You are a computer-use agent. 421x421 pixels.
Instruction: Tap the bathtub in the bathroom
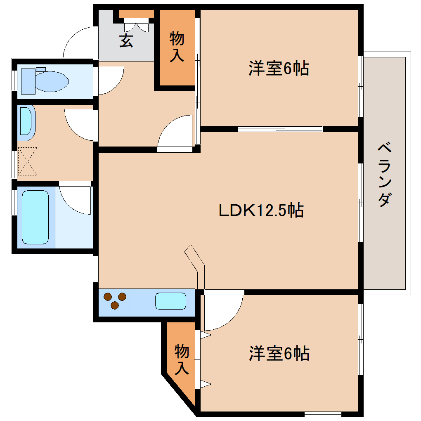35,217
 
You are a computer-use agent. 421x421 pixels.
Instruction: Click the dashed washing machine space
28,161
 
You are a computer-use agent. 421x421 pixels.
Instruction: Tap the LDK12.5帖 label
261,210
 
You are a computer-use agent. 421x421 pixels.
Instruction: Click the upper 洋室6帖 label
279,68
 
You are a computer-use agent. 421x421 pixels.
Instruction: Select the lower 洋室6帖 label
279,353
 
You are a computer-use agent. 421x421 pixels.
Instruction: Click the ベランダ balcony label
384,174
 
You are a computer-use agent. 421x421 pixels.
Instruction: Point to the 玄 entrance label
126,41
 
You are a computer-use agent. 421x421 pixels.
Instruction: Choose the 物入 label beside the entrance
177,47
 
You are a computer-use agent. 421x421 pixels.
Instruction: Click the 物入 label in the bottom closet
182,359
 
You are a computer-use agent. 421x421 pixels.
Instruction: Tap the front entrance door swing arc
78,41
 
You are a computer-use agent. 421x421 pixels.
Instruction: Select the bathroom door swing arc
76,200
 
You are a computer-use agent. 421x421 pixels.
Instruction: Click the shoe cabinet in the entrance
137,14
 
